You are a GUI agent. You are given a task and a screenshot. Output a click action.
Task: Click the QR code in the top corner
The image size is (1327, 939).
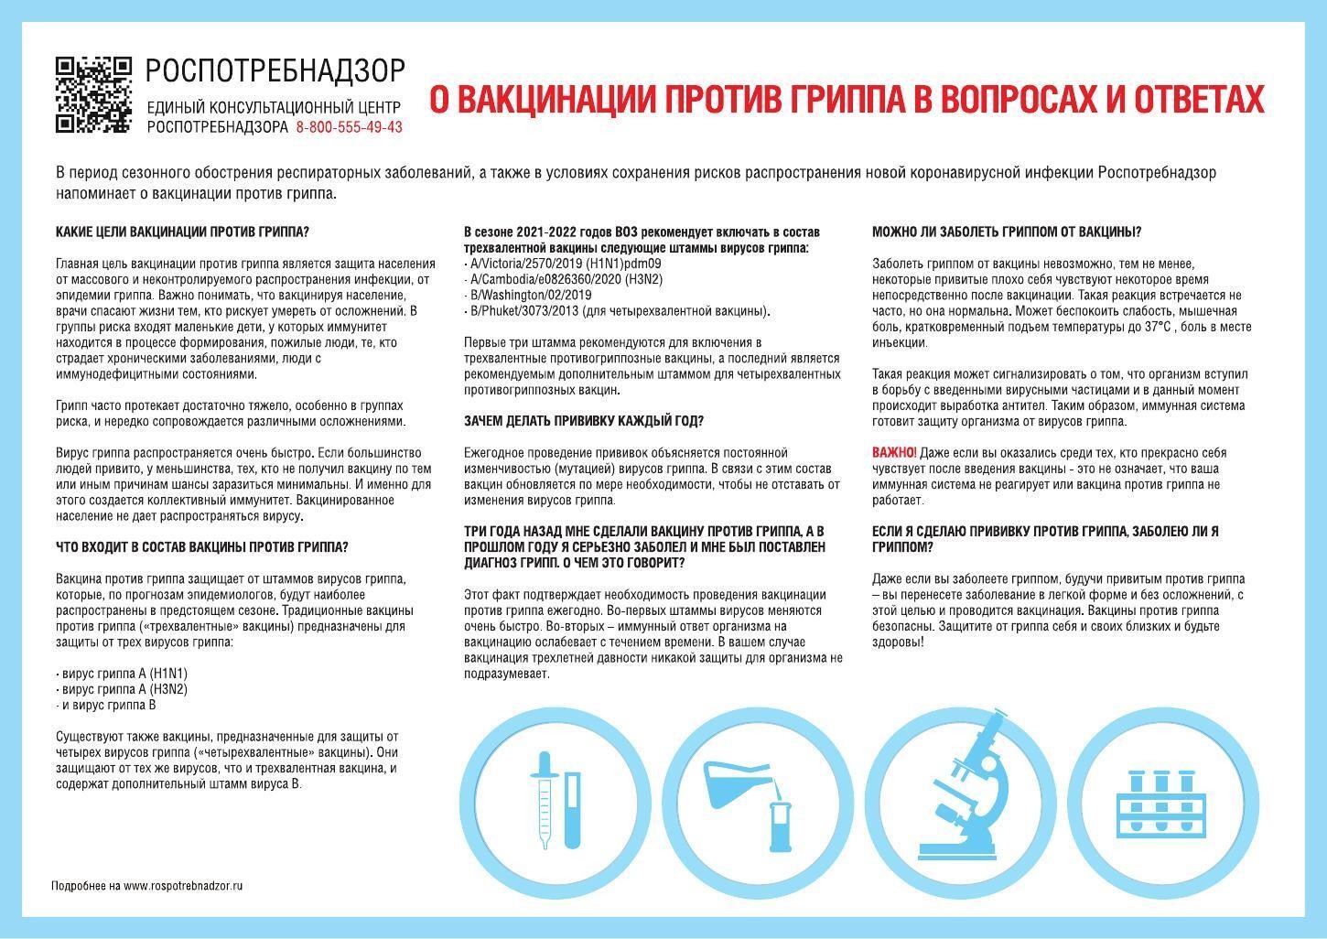(x=93, y=95)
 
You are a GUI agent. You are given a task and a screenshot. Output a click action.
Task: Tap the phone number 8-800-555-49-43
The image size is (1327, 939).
(x=349, y=127)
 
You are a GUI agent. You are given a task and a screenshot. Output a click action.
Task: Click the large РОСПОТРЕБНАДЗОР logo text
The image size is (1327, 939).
(x=275, y=70)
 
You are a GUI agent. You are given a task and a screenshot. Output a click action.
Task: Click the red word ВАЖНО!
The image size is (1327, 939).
(x=894, y=453)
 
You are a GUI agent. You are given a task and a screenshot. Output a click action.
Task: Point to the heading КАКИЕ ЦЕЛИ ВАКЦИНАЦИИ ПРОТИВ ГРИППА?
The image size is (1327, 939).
(x=182, y=232)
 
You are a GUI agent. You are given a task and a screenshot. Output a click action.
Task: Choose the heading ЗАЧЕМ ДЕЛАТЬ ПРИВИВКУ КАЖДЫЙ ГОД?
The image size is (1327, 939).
(x=583, y=421)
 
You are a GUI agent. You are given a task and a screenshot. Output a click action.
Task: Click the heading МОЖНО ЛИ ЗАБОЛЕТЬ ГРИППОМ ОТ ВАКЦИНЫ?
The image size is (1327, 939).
(x=1007, y=232)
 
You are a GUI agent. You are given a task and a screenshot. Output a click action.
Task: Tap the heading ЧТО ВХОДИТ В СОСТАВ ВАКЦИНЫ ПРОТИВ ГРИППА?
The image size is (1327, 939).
(x=201, y=547)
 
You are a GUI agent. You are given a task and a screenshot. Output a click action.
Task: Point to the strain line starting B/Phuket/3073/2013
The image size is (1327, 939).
(x=617, y=311)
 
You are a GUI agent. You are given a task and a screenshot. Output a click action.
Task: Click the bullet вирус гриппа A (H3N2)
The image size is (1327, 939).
(x=122, y=689)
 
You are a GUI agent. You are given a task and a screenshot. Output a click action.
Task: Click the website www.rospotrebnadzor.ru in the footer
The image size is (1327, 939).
(x=183, y=886)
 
